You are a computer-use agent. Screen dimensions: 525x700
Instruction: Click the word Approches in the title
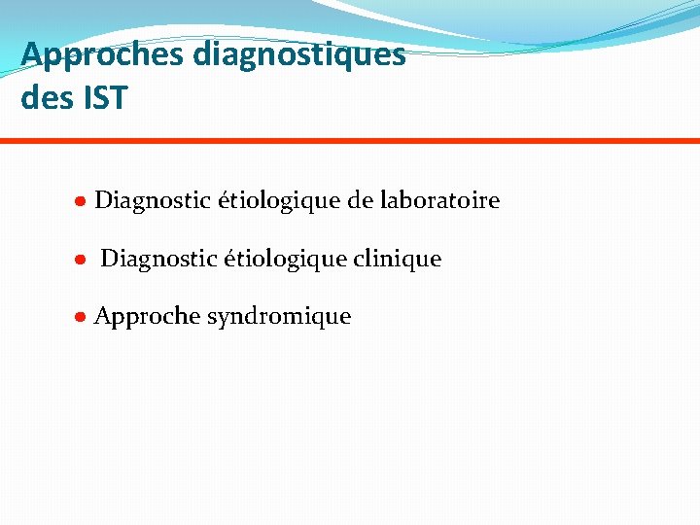coord(102,54)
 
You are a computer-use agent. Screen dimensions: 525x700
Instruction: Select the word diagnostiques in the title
coord(299,54)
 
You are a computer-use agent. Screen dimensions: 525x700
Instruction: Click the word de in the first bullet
coord(359,201)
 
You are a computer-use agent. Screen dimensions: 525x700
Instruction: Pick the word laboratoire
coord(439,201)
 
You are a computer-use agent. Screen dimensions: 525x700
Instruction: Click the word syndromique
coord(279,318)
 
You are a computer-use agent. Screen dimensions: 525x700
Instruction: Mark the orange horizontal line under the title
coord(350,141)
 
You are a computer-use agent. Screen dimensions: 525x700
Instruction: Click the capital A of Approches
coord(32,54)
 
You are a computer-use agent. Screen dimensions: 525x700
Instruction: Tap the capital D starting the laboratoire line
coord(104,201)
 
